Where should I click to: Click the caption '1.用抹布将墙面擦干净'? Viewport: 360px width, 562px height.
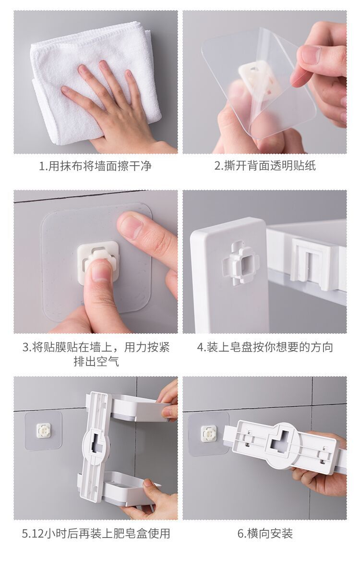(x=96, y=166)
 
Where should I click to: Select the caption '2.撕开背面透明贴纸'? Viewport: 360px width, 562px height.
(x=265, y=166)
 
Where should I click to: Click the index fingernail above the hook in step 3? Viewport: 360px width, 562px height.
(x=130, y=225)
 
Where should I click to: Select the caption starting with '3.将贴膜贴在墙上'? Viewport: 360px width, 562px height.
(x=96, y=347)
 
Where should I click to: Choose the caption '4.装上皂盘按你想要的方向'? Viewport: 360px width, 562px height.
(x=265, y=347)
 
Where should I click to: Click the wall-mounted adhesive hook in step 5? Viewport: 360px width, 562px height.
(x=44, y=430)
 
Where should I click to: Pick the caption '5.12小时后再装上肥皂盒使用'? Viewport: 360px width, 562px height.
(x=96, y=533)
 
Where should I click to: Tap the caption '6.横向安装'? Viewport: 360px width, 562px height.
(x=265, y=533)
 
